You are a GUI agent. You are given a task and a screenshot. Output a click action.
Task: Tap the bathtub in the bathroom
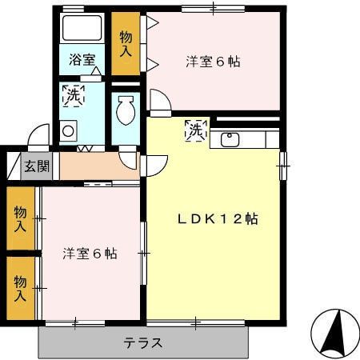pyautogui.click(x=82, y=30)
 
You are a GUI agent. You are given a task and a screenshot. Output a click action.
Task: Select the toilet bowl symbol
pyautogui.click(x=125, y=110)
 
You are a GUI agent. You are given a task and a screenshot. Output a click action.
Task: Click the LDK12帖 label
pyautogui.click(x=217, y=218)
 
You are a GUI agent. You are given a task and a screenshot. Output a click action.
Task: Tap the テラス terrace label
pyautogui.click(x=143, y=343)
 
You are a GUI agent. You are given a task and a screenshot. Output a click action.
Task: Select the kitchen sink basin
pyautogui.click(x=230, y=140)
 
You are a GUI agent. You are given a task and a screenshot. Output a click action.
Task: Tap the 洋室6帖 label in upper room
pyautogui.click(x=214, y=61)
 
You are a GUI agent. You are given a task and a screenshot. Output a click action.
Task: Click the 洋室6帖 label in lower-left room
pyautogui.click(x=90, y=254)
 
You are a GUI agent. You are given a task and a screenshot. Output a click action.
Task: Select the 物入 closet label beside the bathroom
pyautogui.click(x=126, y=43)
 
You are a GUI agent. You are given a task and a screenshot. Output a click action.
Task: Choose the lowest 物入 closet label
pyautogui.click(x=19, y=288)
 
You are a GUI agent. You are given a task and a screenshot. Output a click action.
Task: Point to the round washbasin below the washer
pyautogui.click(x=67, y=130)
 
